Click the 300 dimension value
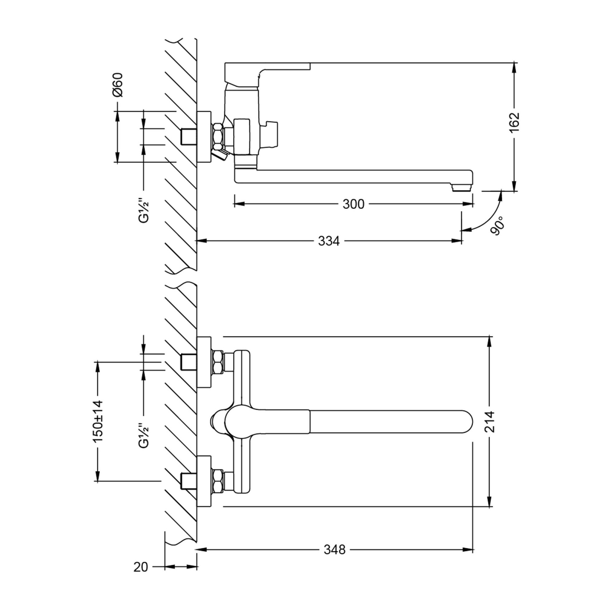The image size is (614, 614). [x=353, y=204]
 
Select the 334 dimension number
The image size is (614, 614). [x=329, y=241]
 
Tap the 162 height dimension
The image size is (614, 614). [x=514, y=122]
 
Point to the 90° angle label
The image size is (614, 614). [x=497, y=225]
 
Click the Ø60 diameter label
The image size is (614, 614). [x=118, y=84]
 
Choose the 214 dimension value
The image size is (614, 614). [x=489, y=421]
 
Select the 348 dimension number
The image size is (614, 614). [x=335, y=550]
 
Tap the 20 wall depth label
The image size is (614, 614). [x=141, y=567]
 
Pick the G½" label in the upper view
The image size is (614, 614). [x=144, y=210]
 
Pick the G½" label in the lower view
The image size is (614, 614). [x=144, y=436]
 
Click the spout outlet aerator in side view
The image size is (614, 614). [x=460, y=188]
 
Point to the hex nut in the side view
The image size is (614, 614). [x=218, y=137]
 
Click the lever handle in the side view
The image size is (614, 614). [x=267, y=72]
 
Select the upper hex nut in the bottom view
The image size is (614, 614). [x=218, y=362]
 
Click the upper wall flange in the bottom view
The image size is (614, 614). [x=204, y=362]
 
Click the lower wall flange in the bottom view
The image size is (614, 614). [x=204, y=481]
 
